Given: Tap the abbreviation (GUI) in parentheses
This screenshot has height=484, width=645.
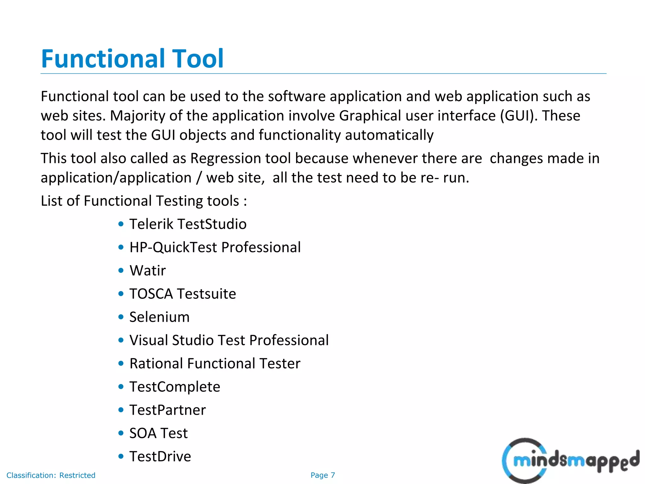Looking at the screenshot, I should pos(515,116).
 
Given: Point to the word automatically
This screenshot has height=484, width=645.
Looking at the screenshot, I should pos(389,135).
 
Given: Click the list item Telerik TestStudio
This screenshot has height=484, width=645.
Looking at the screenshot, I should pos(188,224).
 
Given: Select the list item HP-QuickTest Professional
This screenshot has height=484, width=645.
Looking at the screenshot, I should pos(215,247).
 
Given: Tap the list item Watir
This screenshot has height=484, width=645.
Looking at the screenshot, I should pos(147,271).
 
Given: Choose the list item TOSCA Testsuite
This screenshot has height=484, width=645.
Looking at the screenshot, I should pos(183,294).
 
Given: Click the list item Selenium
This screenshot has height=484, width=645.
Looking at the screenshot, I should pos(159,317).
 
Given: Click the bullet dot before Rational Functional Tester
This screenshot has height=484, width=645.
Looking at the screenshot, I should pos(121,364).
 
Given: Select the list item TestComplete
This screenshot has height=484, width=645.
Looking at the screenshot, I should pos(174,387).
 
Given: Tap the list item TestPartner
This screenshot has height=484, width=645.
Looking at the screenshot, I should pos(168,410).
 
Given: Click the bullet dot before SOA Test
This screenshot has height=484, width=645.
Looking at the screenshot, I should pos(121,433).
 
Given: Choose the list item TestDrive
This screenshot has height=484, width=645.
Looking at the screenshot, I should pos(160,457).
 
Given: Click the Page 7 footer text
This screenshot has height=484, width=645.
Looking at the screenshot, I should pos(322,475).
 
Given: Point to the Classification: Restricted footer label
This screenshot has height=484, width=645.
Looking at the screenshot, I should pos(51,475).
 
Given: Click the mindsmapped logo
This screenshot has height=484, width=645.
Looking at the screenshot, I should pos(570,461).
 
